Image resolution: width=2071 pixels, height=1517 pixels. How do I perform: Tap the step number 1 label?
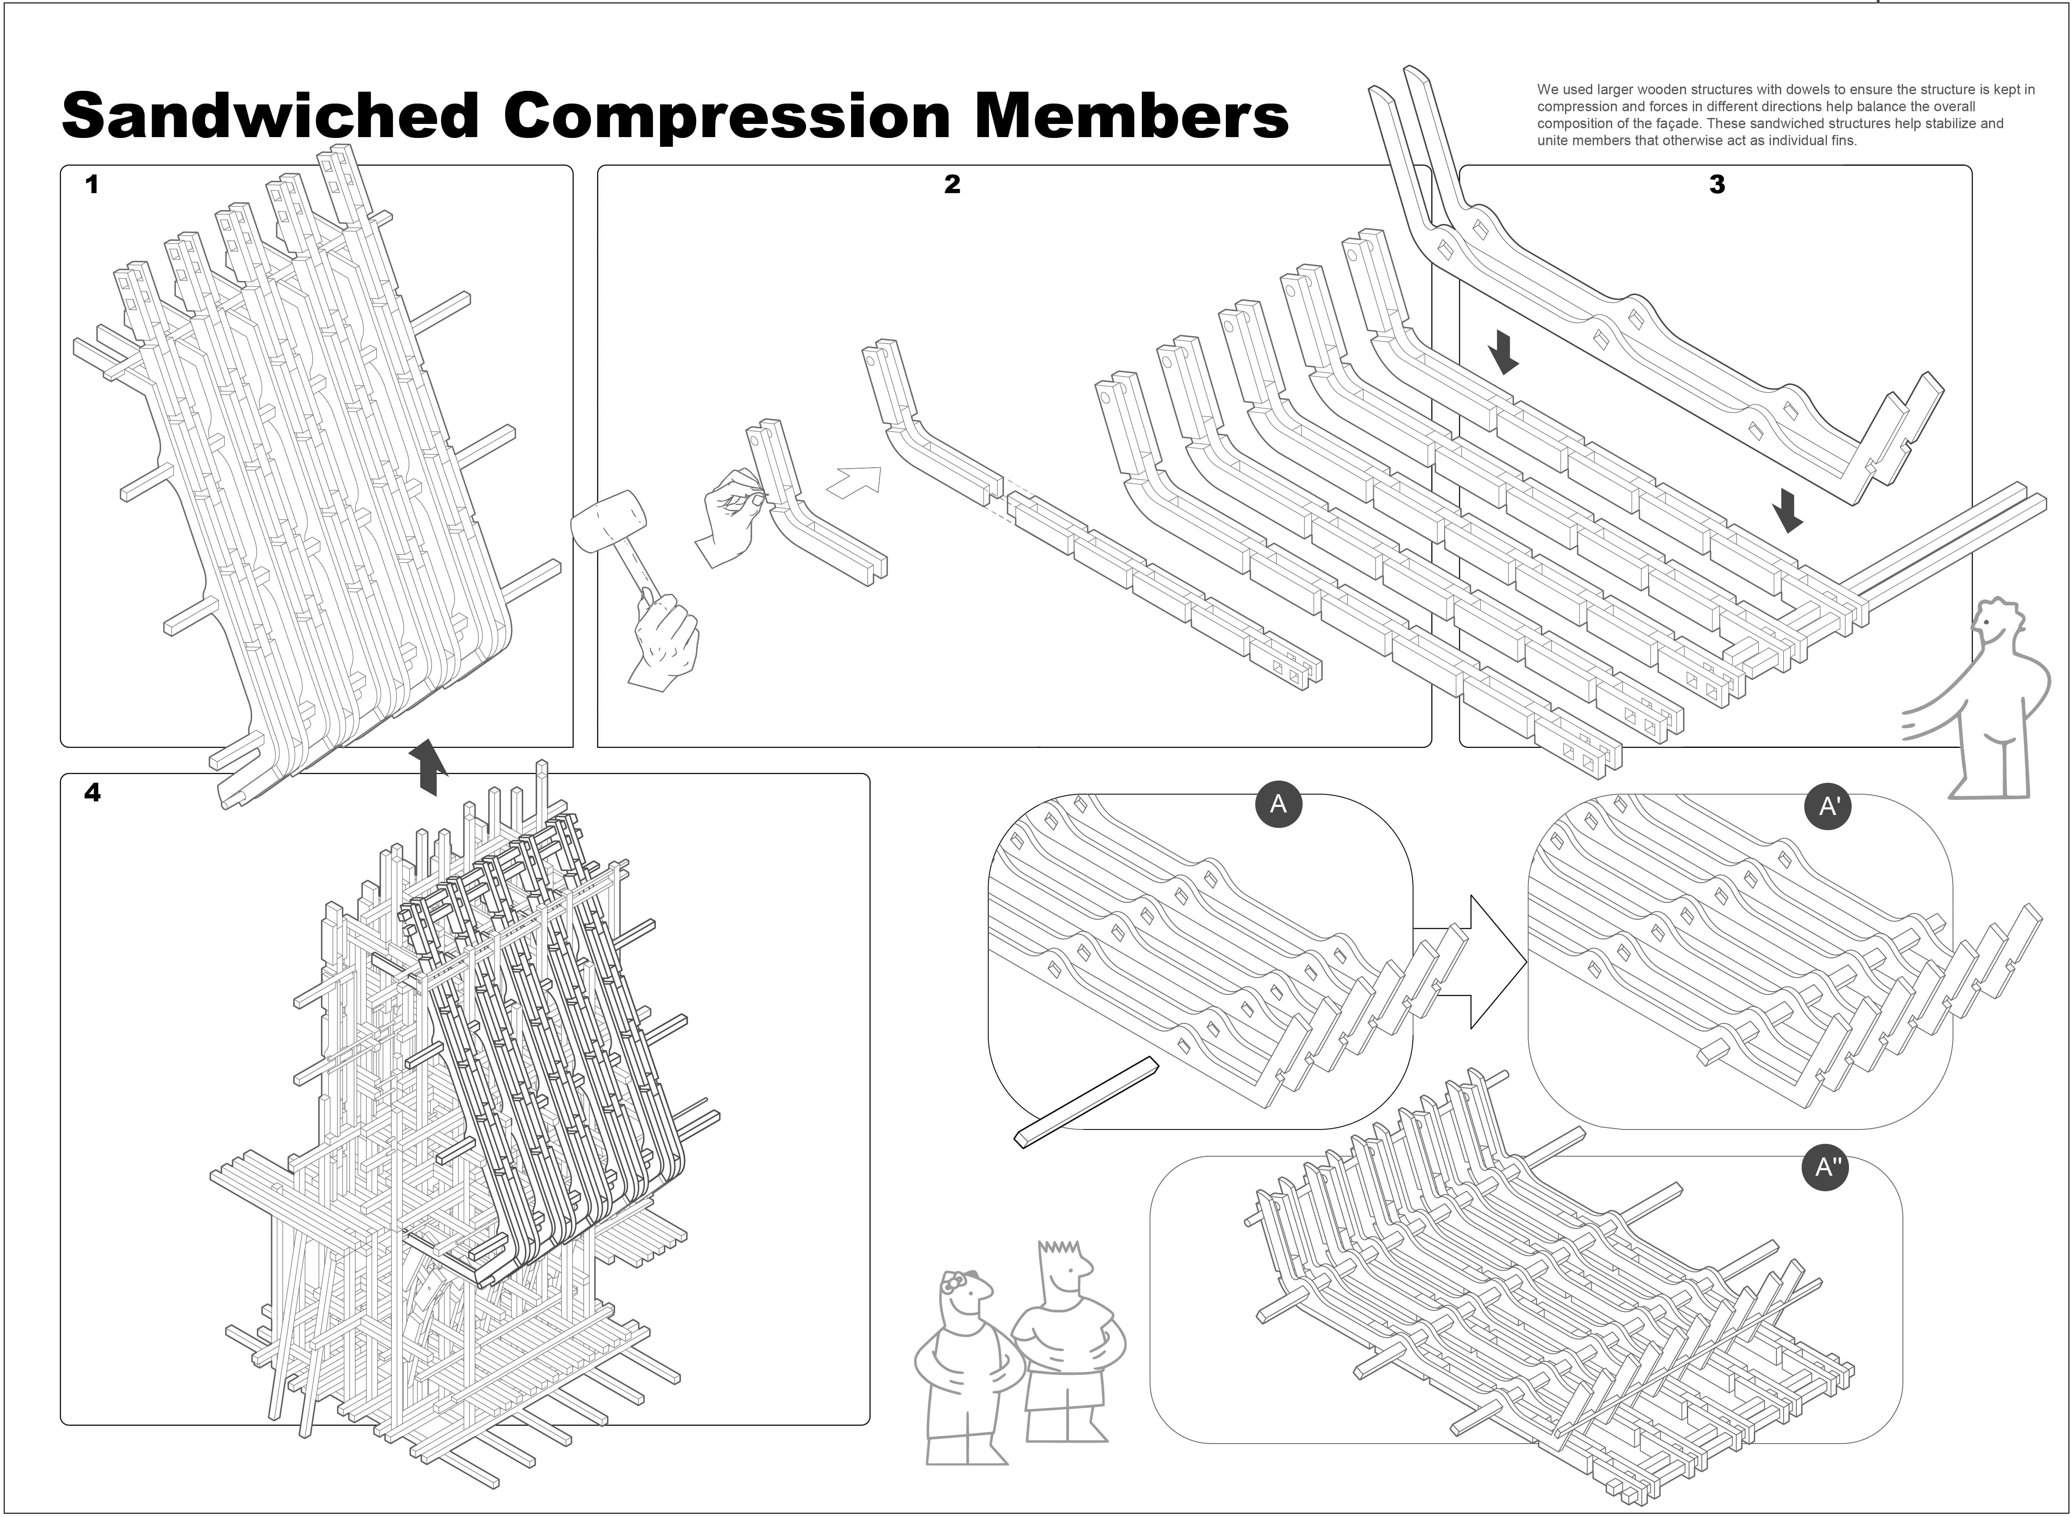(92, 185)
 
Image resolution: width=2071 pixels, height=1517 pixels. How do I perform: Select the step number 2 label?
(952, 185)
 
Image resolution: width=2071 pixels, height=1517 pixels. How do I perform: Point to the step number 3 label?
(1717, 185)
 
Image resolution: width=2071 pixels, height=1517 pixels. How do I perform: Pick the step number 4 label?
(92, 792)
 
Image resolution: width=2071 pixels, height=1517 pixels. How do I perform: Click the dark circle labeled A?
(1278, 804)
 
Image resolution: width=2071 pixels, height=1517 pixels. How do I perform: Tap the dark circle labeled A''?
(1824, 1167)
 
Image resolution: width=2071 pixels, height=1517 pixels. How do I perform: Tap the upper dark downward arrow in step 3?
(1503, 353)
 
